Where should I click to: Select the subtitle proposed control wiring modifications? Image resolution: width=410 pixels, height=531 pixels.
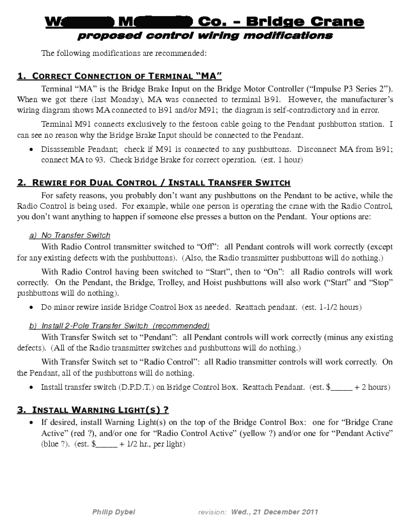205,36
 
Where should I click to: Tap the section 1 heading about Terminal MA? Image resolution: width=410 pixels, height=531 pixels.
120,76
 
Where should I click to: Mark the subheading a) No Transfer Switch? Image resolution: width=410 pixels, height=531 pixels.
70,235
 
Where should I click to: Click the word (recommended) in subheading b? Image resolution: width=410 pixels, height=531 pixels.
182,325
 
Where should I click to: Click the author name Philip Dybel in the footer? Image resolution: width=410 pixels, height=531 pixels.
114,512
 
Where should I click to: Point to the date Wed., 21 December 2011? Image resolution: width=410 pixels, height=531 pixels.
274,512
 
